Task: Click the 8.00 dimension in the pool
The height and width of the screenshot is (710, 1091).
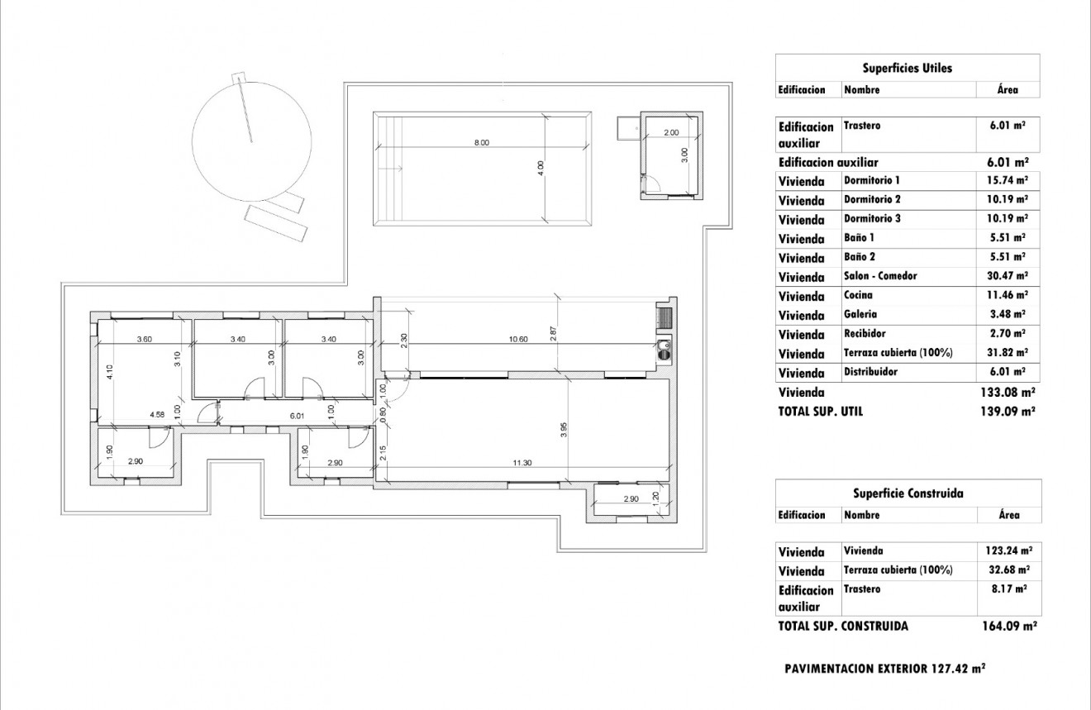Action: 481,143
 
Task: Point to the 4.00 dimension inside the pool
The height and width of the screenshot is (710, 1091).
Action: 541,169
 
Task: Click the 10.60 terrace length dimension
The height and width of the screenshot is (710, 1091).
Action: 518,339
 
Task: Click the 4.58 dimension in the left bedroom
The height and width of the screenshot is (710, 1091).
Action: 156,414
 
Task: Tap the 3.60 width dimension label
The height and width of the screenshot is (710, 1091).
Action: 143,339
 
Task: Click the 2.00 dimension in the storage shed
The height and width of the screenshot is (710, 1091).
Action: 671,132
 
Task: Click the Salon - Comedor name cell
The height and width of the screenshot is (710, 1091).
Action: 880,276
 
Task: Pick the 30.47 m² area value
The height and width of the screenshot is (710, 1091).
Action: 1008,276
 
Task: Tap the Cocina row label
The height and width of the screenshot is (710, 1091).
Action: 858,295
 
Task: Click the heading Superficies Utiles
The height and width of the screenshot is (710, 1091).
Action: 907,68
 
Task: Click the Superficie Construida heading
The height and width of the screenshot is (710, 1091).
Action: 908,493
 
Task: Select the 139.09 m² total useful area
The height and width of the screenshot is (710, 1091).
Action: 1008,411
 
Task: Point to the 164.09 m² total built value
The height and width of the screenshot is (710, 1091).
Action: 1008,627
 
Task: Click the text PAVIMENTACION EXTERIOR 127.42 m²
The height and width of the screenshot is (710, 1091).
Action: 884,669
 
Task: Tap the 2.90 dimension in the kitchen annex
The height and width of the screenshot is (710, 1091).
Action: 631,499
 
